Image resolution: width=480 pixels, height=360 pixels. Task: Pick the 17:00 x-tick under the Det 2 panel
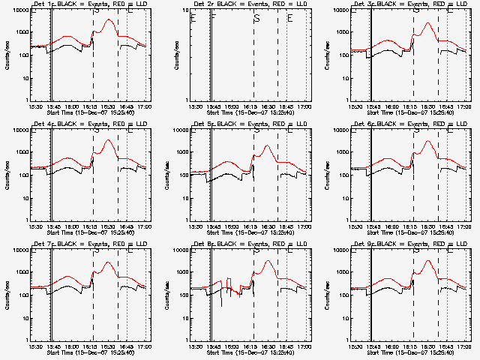[304, 107]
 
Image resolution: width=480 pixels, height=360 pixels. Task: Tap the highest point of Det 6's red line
[427, 141]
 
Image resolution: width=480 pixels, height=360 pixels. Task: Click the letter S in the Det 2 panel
[256, 18]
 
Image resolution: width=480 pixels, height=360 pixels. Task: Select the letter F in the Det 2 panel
[214, 18]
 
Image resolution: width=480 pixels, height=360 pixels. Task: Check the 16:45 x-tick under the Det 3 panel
[445, 107]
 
